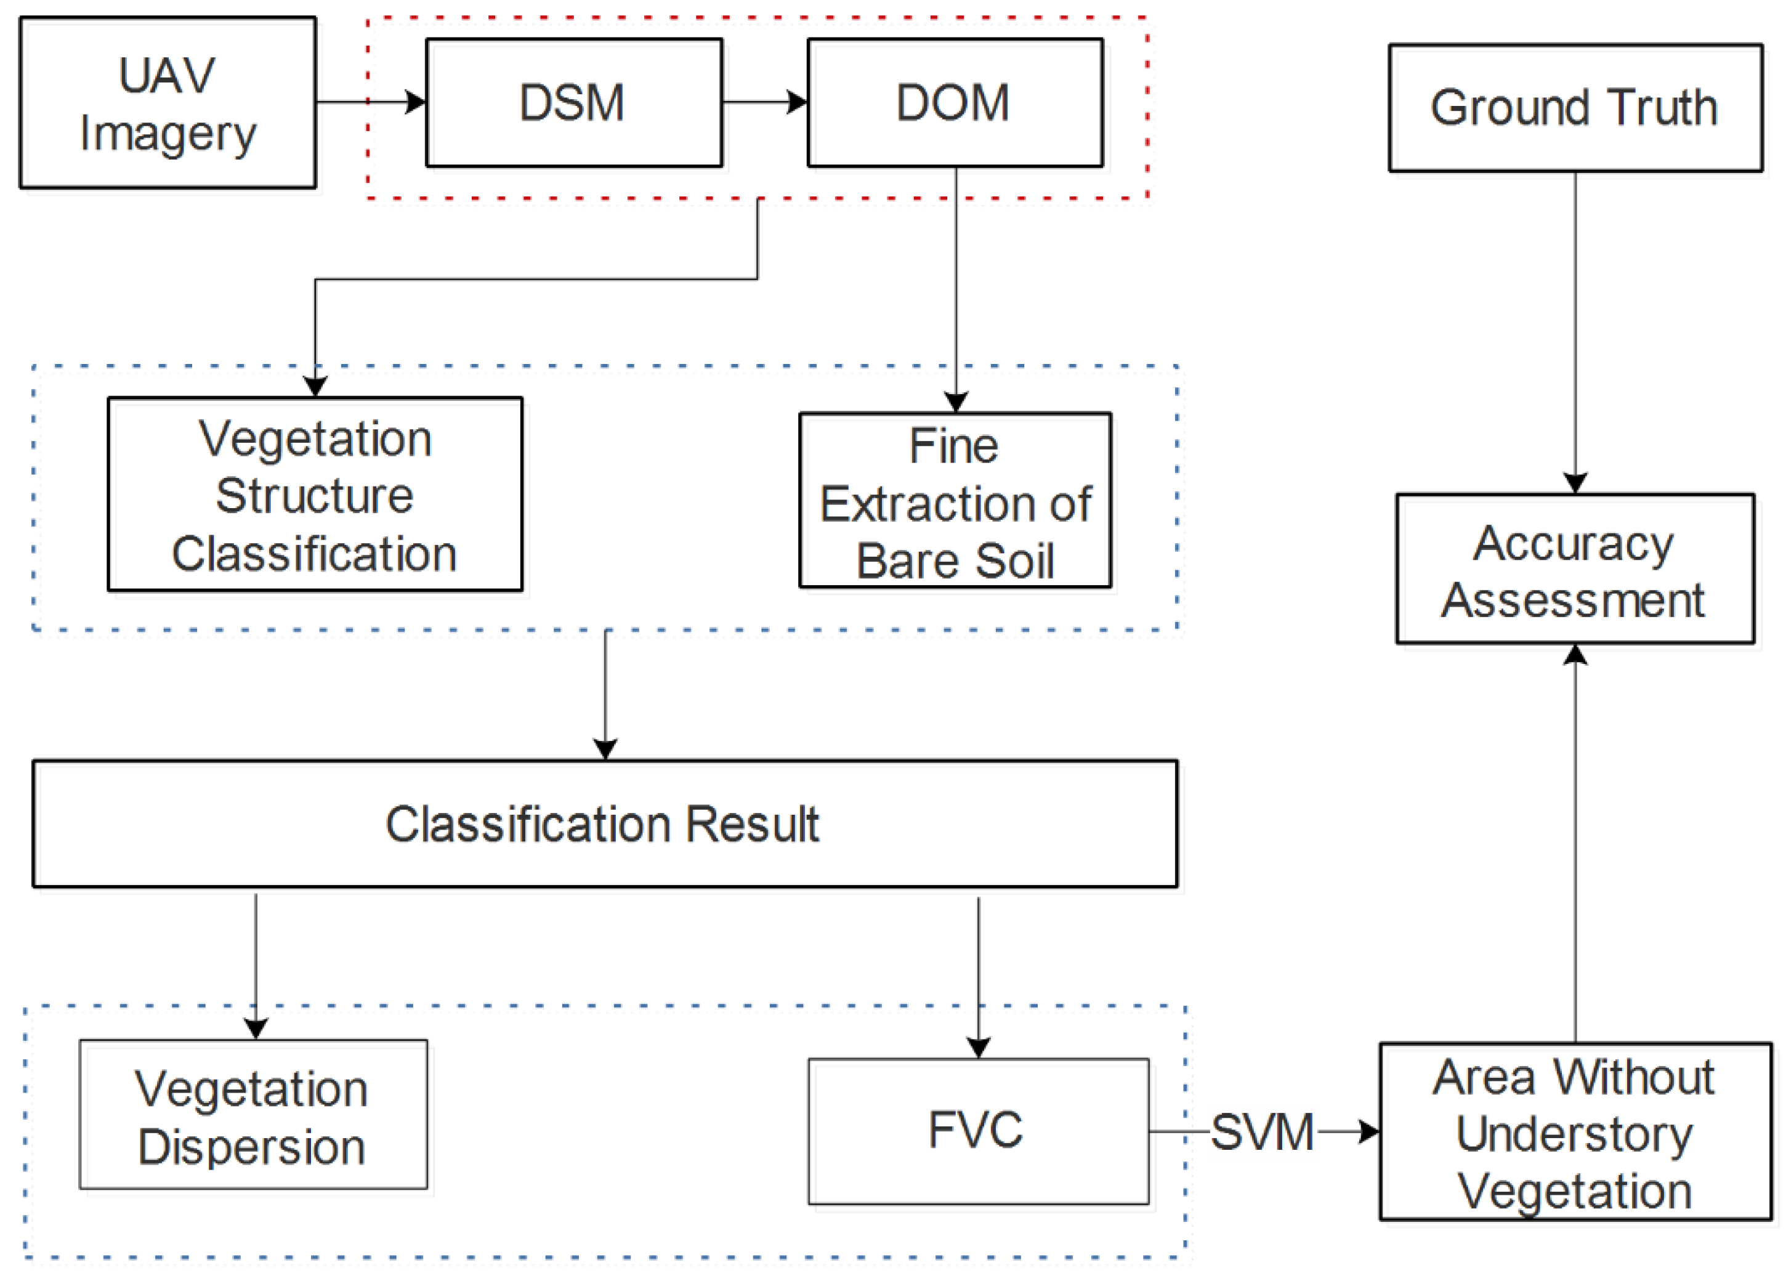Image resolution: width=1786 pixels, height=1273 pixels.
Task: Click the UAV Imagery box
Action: (x=167, y=103)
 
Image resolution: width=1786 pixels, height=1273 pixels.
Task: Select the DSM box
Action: (x=573, y=103)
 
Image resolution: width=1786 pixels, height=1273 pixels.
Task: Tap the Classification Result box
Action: (x=604, y=824)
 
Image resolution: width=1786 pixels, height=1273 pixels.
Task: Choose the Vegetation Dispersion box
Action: (x=253, y=1115)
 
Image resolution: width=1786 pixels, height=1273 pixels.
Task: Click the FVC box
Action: (x=977, y=1131)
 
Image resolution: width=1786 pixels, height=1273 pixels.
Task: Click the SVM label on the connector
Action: (x=1262, y=1133)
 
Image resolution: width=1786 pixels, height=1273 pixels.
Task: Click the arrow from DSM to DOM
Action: (x=764, y=102)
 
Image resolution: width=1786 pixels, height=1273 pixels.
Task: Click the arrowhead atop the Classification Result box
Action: (x=604, y=749)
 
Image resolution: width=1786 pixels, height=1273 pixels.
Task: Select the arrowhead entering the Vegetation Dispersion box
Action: (x=256, y=1029)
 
